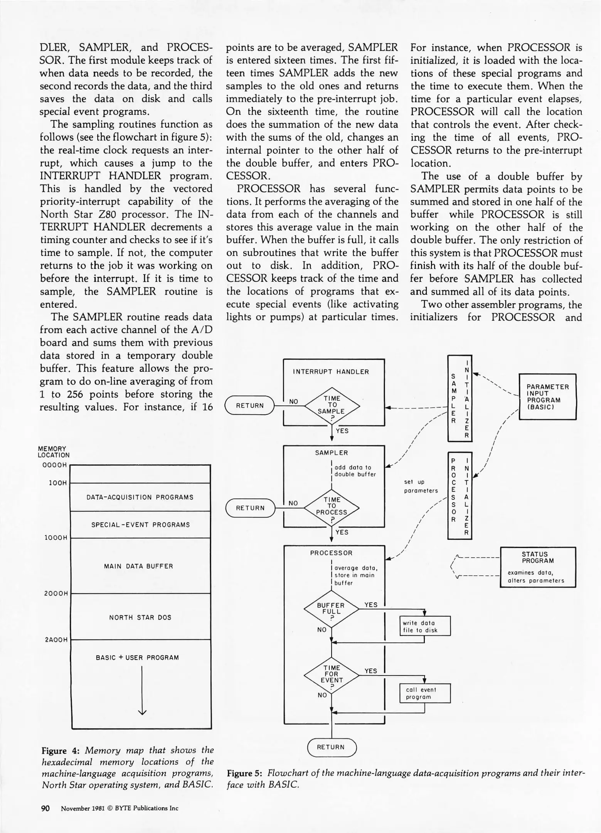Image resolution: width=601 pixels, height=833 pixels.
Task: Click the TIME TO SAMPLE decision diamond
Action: (x=332, y=405)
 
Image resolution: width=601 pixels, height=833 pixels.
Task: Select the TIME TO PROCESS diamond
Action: (x=332, y=507)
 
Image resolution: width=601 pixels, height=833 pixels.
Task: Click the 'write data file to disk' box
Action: (x=424, y=626)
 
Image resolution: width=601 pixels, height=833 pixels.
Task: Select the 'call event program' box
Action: (x=424, y=693)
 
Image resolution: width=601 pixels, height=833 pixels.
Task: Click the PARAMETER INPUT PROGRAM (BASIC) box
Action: (x=547, y=396)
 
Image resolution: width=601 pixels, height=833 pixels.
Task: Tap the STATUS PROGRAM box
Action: (x=537, y=567)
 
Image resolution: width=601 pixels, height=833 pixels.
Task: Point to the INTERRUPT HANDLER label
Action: (x=331, y=372)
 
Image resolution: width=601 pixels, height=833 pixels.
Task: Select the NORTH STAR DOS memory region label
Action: (x=140, y=617)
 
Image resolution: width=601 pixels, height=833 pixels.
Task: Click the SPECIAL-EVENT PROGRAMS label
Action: (x=140, y=525)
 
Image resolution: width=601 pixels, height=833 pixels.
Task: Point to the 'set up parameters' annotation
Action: (x=421, y=486)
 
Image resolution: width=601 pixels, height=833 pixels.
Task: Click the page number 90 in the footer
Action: (x=45, y=808)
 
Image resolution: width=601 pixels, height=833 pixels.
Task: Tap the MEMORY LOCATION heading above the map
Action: (x=53, y=452)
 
